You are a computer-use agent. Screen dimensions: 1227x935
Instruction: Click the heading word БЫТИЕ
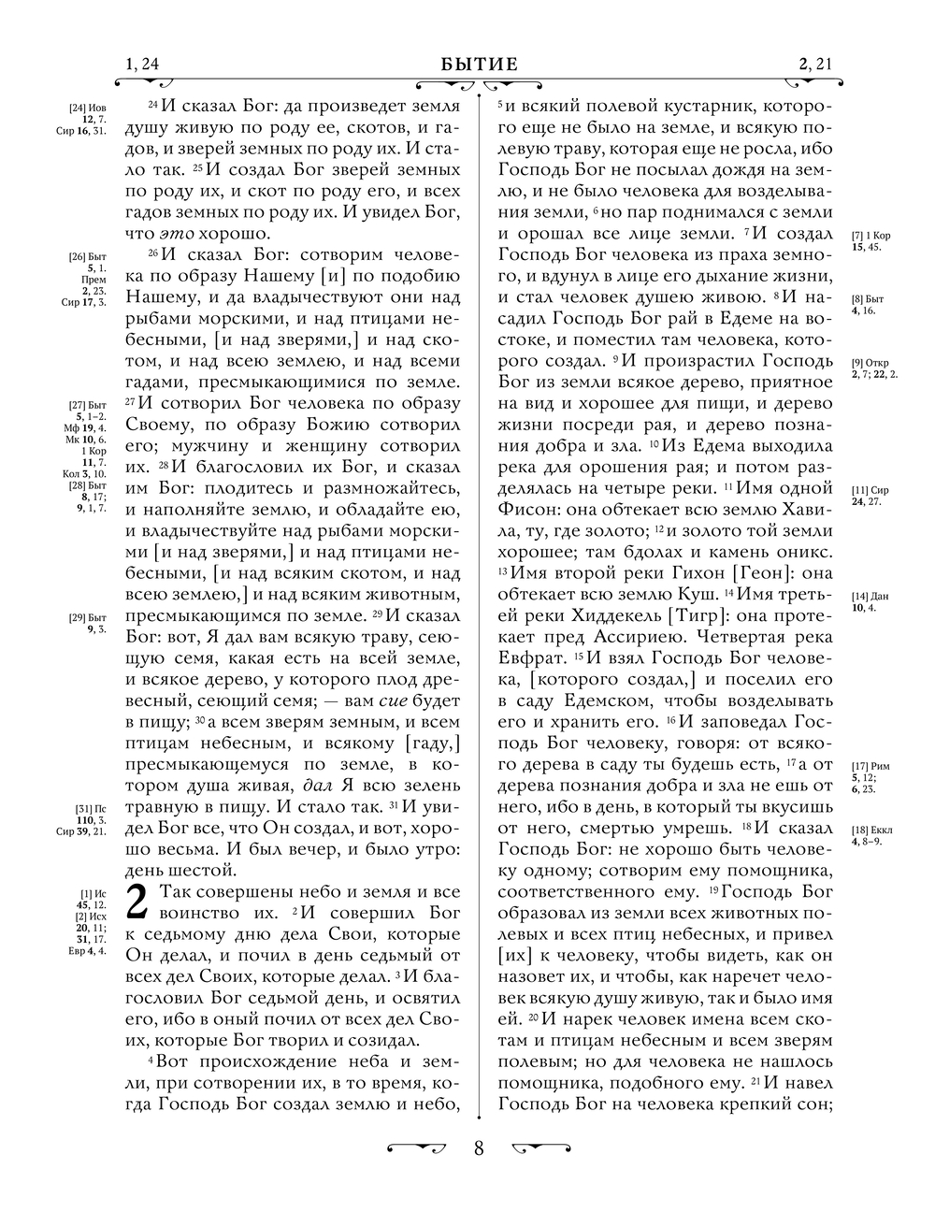[x=479, y=65]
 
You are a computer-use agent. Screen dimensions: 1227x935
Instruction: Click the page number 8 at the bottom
[x=479, y=1148]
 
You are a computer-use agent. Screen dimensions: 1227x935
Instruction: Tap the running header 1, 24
[x=142, y=65]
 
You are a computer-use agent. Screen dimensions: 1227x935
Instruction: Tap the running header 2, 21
[x=815, y=65]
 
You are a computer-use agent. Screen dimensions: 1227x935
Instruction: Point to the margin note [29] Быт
[x=90, y=617]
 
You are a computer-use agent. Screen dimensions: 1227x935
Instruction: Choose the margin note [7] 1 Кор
[x=870, y=236]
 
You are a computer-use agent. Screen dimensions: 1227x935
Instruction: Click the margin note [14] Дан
[x=870, y=597]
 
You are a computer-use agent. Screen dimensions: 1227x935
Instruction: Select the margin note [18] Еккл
[x=870, y=830]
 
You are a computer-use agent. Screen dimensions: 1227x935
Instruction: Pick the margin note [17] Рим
[x=870, y=767]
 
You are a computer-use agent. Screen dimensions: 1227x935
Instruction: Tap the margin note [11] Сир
[x=870, y=490]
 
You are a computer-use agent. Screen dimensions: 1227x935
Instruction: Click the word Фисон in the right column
[x=527, y=510]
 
